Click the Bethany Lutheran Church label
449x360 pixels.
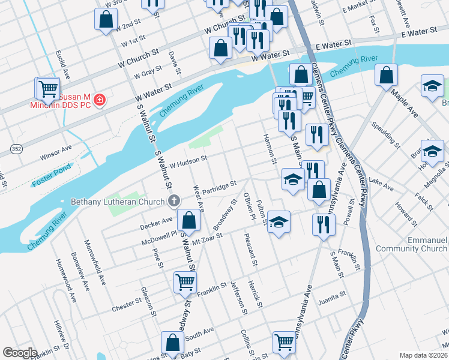point(118,201)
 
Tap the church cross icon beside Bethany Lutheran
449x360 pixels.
point(174,201)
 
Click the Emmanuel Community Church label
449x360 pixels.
point(412,244)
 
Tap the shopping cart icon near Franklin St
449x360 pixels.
point(185,281)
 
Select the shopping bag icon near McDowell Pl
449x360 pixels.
point(188,221)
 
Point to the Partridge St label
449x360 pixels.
point(219,187)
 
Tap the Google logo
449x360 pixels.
point(20,353)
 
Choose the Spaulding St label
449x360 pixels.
point(386,135)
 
